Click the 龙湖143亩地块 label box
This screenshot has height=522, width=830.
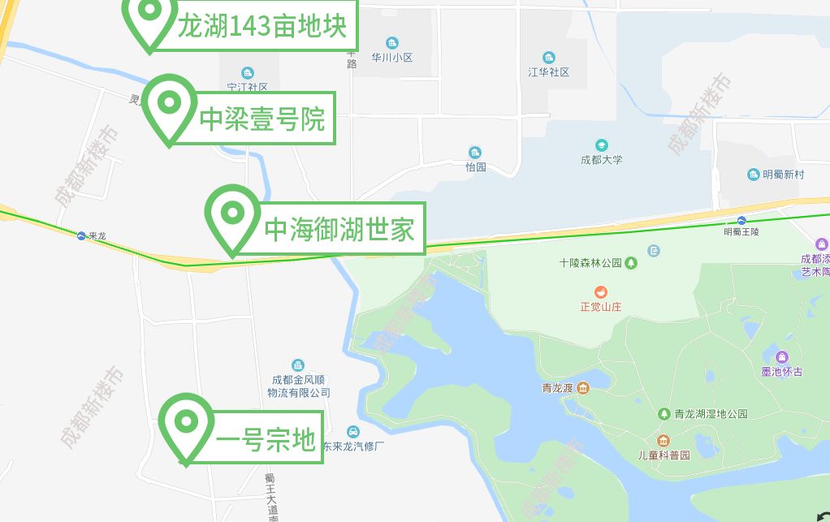click(x=262, y=28)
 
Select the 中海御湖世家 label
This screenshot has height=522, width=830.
click(x=339, y=229)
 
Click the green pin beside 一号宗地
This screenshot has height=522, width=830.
click(x=186, y=423)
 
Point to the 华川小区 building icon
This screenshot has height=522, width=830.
click(x=392, y=43)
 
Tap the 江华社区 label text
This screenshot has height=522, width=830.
click(x=549, y=72)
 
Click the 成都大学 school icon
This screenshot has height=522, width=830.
click(x=601, y=145)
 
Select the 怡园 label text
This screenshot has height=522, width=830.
click(x=475, y=167)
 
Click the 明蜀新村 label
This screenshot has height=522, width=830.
click(x=783, y=175)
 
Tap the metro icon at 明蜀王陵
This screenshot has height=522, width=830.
click(x=741, y=221)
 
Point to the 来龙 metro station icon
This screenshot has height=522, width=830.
click(x=81, y=235)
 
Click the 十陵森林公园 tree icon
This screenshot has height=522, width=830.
click(x=631, y=263)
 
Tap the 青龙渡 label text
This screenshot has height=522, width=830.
click(x=558, y=388)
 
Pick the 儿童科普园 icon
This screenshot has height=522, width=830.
click(x=664, y=441)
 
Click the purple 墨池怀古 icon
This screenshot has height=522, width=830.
click(x=781, y=357)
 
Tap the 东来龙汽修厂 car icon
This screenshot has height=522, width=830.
click(x=352, y=431)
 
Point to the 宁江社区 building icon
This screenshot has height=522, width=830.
click(x=248, y=73)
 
